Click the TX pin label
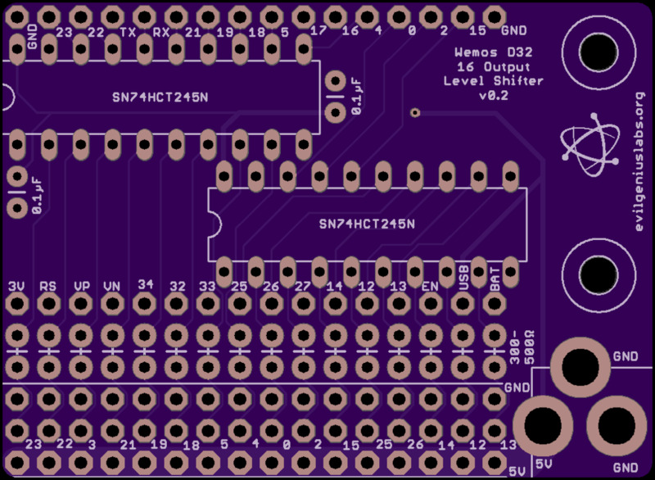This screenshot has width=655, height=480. coord(128,33)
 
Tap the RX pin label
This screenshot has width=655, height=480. coord(160,33)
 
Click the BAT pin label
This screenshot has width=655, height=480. coord(495,282)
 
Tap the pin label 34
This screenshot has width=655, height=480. coord(145,283)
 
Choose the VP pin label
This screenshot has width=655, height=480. coord(82,286)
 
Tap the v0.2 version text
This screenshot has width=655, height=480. coord(493,95)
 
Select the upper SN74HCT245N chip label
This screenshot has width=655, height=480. coord(160,97)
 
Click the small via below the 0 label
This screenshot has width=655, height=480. coord(415,112)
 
